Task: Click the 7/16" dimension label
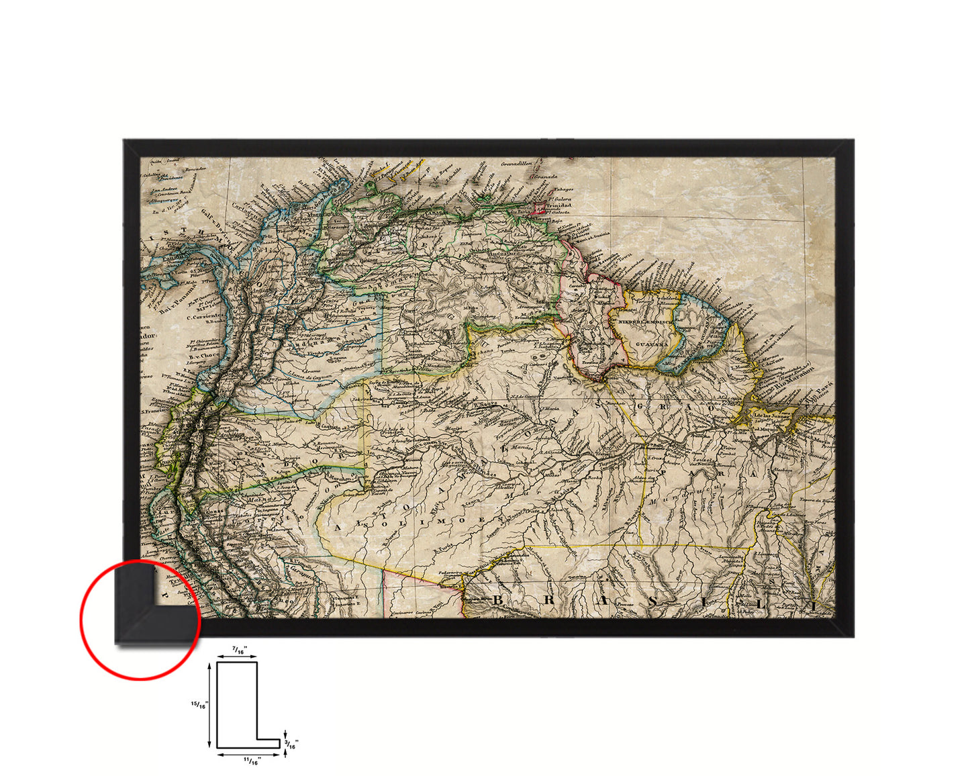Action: [239, 649]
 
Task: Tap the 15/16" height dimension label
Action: [199, 704]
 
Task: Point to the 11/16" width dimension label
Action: [251, 760]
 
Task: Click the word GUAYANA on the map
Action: [652, 343]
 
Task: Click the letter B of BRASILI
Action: [498, 599]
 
